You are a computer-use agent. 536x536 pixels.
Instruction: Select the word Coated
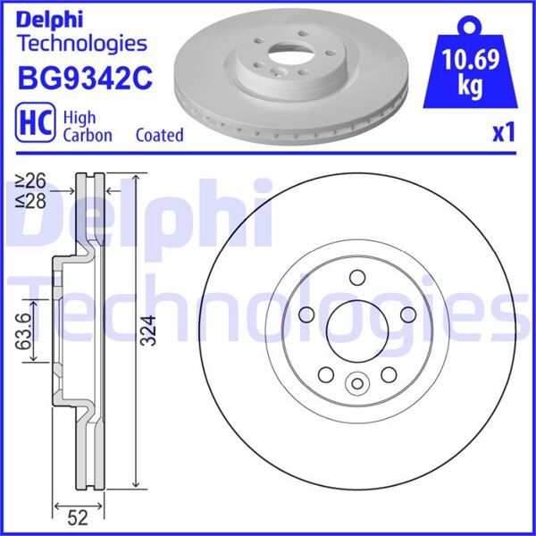(160, 135)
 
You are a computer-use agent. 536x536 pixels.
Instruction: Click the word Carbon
(88, 135)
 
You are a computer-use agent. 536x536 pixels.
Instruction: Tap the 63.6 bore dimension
(24, 332)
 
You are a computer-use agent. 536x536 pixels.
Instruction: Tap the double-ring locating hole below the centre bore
(356, 384)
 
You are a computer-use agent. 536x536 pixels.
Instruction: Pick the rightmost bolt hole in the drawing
(408, 314)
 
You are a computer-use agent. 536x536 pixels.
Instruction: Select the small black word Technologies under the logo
(82, 42)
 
